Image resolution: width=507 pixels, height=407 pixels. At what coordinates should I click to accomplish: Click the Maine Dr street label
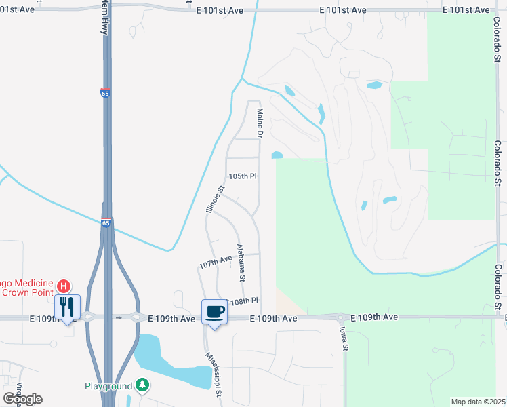click(x=259, y=123)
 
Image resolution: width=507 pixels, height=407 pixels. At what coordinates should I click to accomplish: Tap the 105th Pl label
click(x=243, y=176)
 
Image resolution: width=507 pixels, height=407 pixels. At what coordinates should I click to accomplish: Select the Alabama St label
click(x=240, y=263)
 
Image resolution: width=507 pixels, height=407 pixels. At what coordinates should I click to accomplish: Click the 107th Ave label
click(x=216, y=262)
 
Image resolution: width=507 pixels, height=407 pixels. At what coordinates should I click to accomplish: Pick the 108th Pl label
click(x=245, y=301)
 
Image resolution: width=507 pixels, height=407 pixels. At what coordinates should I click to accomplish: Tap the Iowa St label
click(x=344, y=337)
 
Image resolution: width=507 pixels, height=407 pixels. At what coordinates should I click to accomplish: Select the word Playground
click(x=108, y=386)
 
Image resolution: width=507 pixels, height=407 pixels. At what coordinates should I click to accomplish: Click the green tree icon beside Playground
click(x=142, y=385)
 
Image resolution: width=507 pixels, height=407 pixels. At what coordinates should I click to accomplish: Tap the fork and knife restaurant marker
click(x=66, y=307)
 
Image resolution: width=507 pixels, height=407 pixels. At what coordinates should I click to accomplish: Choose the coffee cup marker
click(x=214, y=312)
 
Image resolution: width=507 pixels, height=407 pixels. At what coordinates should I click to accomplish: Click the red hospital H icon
click(x=63, y=286)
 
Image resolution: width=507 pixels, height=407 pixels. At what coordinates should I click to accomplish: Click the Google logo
click(x=22, y=399)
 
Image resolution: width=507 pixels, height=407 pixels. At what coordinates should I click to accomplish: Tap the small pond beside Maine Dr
click(x=277, y=155)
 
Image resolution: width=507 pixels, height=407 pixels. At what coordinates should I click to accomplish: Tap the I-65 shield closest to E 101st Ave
click(x=105, y=94)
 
